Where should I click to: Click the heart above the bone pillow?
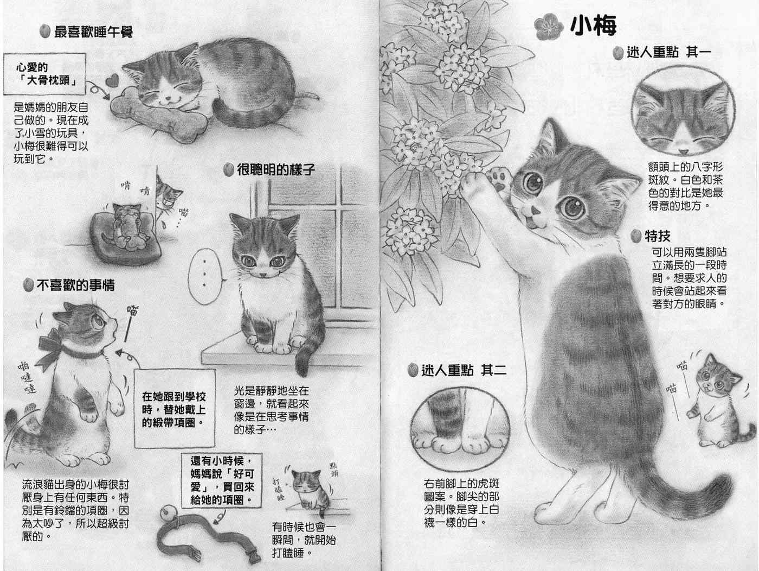[112, 81]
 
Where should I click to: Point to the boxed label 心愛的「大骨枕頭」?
[44, 74]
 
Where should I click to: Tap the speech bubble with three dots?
[205, 276]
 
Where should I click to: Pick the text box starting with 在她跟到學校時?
[174, 408]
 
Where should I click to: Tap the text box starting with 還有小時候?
[222, 480]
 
